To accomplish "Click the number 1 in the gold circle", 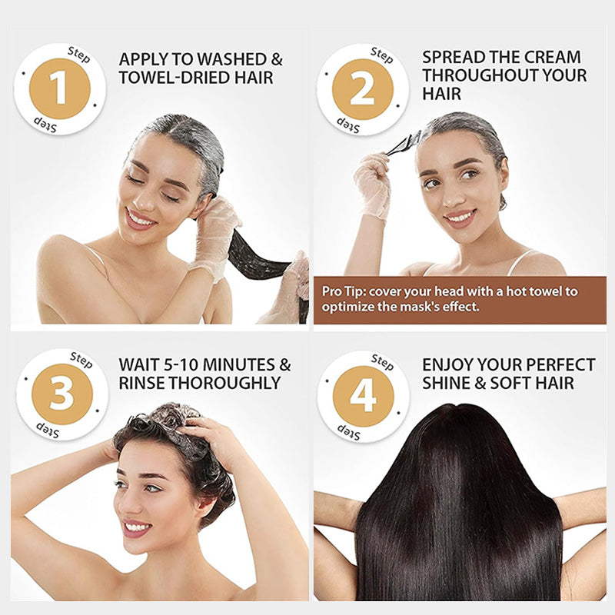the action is [x=61, y=89].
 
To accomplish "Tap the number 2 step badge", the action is [x=363, y=89].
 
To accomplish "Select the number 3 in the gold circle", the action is [x=61, y=394].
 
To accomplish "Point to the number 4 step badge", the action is [x=363, y=396].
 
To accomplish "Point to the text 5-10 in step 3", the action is [x=181, y=364].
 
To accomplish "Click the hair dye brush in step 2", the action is [x=402, y=143].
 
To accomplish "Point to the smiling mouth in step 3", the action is [x=137, y=527].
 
